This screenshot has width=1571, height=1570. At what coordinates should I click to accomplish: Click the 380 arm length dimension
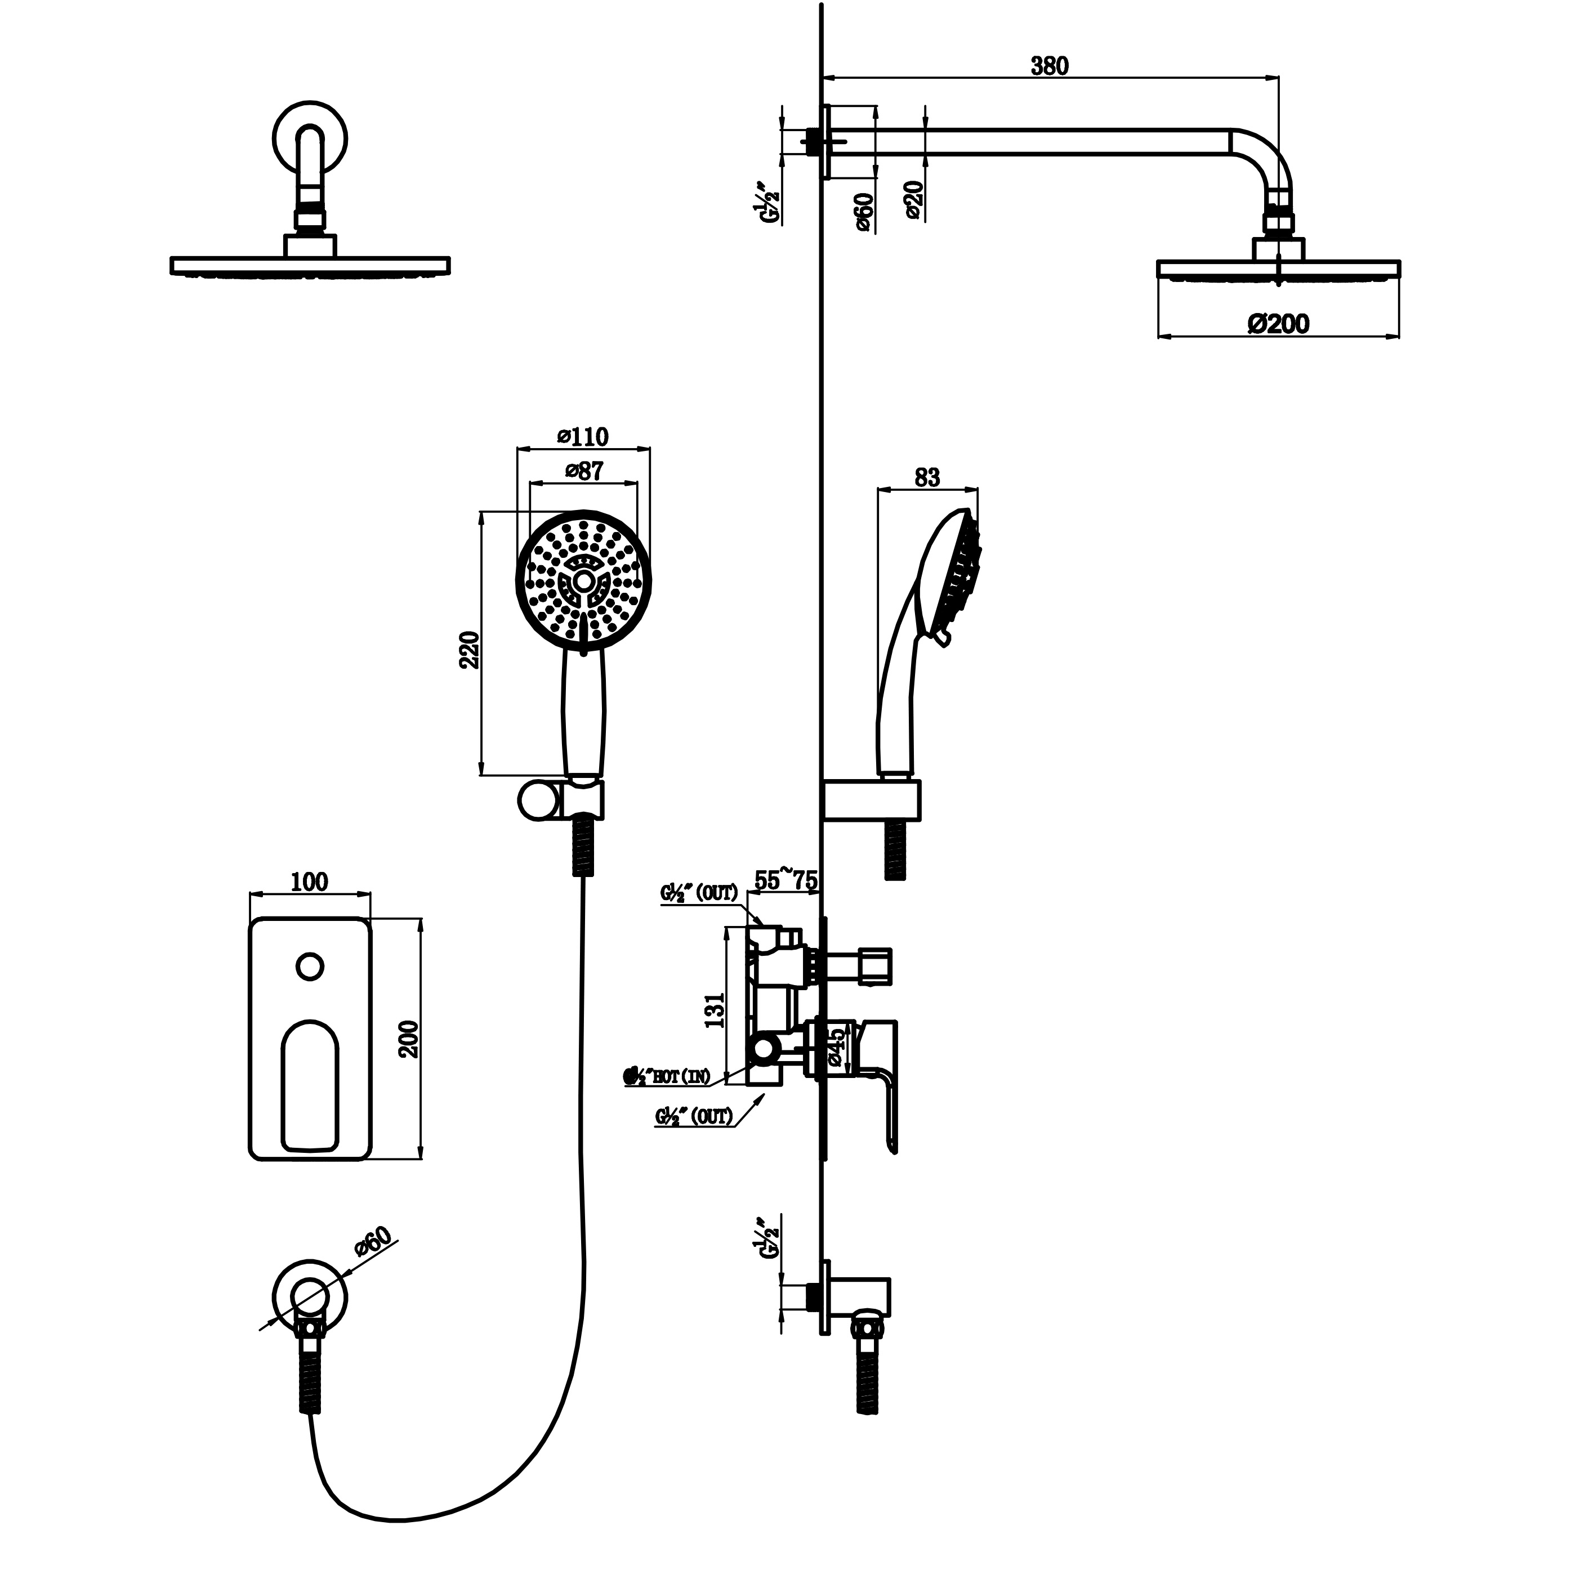pyautogui.click(x=1049, y=66)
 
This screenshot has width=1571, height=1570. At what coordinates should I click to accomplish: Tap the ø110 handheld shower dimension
pyautogui.click(x=583, y=437)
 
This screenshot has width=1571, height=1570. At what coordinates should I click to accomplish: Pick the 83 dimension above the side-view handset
pyautogui.click(x=927, y=477)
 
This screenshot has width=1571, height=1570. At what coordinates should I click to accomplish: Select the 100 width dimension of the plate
pyautogui.click(x=309, y=882)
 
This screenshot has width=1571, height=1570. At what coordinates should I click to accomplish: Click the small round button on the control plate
pyautogui.click(x=310, y=967)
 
